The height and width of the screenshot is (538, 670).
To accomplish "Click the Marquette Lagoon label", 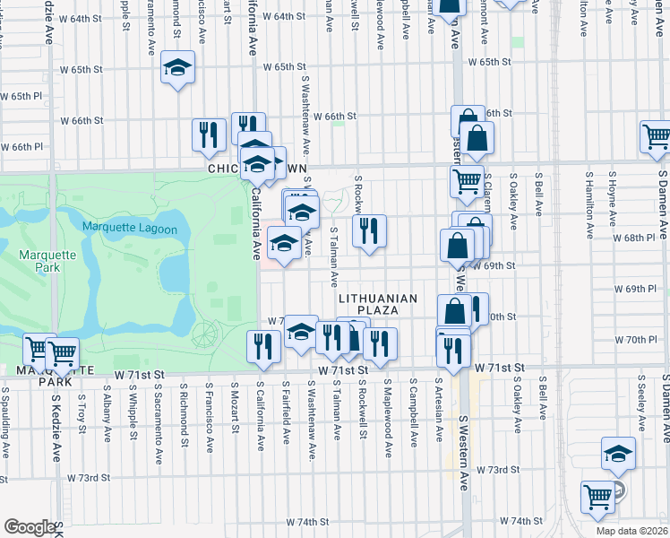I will point(130,229).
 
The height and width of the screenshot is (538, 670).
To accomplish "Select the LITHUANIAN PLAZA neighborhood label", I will point(378,304).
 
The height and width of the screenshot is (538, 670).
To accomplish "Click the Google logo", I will point(30,526).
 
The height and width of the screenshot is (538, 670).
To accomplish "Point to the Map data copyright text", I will point(631,531).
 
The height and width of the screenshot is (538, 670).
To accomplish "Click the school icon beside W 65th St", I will point(178,68).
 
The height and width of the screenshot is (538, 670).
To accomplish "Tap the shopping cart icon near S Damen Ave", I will point(657,138).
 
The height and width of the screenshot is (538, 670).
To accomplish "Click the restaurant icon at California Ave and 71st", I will point(262,347).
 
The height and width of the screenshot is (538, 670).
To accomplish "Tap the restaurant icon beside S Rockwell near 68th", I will point(369,231).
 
